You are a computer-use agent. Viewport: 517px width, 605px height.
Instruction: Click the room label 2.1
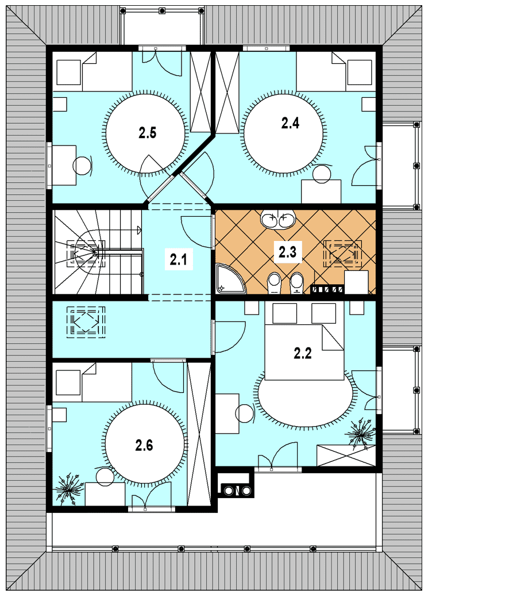tap(179, 259)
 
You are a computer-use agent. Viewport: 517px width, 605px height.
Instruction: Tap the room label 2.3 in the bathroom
tap(288, 252)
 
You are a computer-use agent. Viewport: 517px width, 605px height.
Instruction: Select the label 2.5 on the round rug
tap(148, 133)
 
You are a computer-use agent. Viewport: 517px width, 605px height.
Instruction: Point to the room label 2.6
tap(144, 445)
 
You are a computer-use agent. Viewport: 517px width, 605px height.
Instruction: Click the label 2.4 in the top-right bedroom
tap(290, 123)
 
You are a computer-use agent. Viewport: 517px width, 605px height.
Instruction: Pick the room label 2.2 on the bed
tap(303, 353)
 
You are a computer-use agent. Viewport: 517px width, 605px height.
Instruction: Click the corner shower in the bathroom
tap(230, 278)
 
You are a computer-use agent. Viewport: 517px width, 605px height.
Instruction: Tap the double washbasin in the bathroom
tap(278, 220)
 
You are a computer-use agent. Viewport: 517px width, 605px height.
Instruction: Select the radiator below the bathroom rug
tap(327, 289)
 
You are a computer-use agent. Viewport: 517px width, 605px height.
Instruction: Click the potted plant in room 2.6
tap(70, 489)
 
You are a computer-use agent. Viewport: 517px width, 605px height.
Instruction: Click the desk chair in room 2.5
tap(83, 166)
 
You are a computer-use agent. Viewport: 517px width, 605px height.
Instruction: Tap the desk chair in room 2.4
tap(322, 174)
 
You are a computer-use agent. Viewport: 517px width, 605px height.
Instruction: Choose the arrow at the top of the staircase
tap(139, 231)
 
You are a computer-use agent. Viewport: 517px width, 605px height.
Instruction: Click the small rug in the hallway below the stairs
tap(86, 322)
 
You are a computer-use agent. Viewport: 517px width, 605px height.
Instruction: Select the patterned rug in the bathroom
tap(343, 254)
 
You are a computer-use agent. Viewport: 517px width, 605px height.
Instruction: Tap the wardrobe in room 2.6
tap(199, 434)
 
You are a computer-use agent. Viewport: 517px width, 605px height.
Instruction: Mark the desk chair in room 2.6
tap(105, 477)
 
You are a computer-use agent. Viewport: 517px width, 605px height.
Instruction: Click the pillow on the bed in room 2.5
tap(68, 72)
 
